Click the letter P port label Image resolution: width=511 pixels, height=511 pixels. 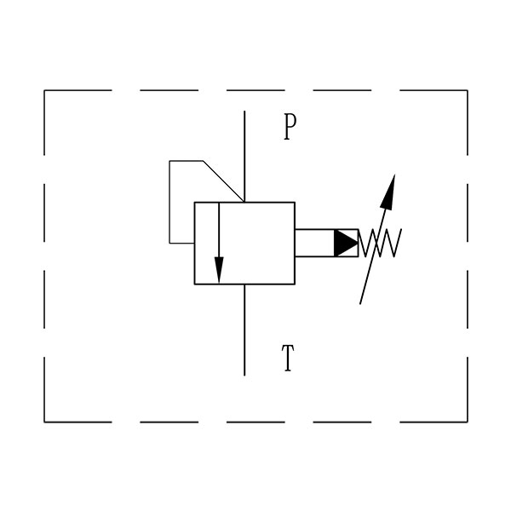point(290,127)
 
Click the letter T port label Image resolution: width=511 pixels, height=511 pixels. point(288,358)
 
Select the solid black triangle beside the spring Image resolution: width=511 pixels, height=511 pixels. point(346,243)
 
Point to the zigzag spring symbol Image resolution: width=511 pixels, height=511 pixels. point(380,243)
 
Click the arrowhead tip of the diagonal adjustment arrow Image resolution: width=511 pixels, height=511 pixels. point(395,175)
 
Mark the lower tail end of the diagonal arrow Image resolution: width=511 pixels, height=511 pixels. point(360,304)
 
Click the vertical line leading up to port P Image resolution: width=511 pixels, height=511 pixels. point(244,157)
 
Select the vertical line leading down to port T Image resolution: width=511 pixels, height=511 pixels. point(244,330)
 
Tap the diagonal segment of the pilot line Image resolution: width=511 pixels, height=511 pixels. point(223,181)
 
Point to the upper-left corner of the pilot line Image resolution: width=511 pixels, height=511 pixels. point(169,161)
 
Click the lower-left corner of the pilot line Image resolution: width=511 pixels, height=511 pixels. point(169,243)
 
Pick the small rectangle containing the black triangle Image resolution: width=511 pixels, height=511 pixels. point(326,243)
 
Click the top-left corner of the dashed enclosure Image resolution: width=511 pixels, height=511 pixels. point(44,90)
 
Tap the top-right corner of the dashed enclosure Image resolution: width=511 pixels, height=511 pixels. point(468,90)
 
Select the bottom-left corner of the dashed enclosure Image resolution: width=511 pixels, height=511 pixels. point(44,422)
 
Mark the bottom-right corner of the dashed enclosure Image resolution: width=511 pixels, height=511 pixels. point(468,422)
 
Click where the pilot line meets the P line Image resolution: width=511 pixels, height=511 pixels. point(244,202)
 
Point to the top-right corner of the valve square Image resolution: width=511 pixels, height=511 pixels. point(295,203)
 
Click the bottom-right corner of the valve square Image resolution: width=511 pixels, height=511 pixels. point(295,284)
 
